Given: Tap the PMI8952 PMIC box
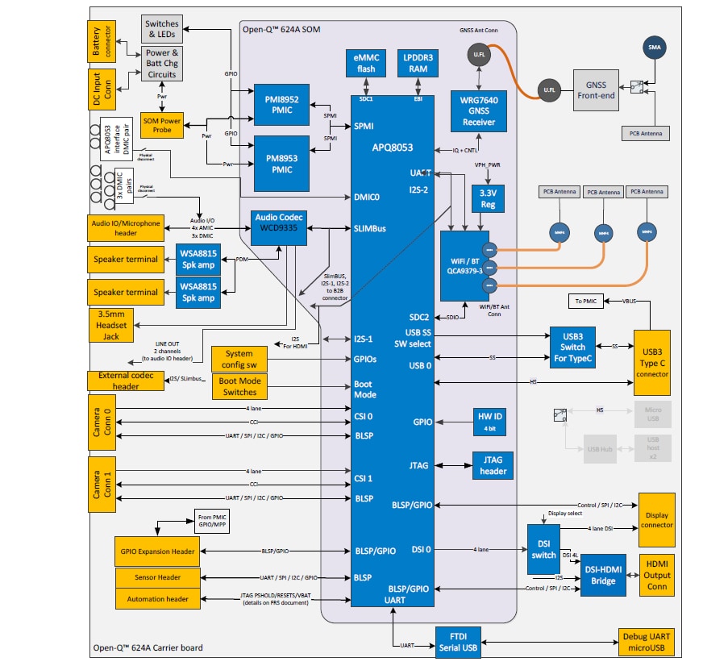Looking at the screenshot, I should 281,104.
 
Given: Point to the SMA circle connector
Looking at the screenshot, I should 653,48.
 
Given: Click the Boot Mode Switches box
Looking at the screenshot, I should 240,386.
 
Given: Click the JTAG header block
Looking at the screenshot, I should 493,465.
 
